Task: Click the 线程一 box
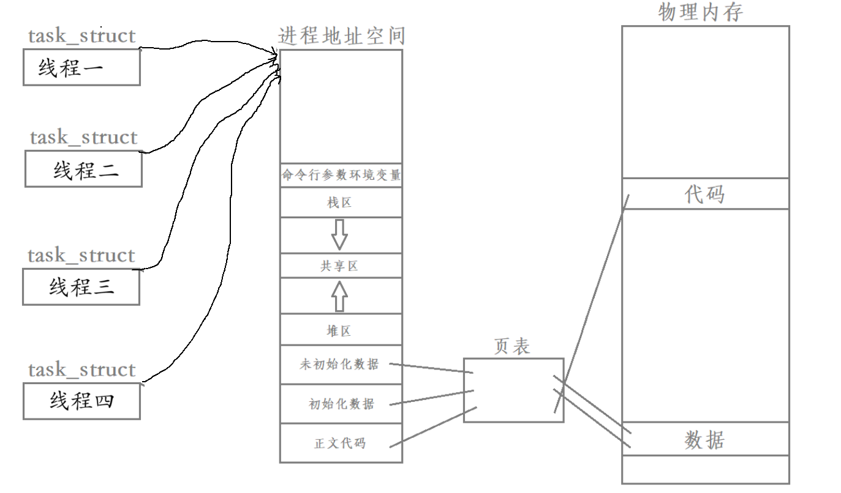pyautogui.click(x=81, y=67)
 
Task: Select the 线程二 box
pyautogui.click(x=84, y=169)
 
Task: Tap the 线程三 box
pyautogui.click(x=81, y=287)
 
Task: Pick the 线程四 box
pyautogui.click(x=81, y=401)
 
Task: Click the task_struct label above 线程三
pyautogui.click(x=81, y=255)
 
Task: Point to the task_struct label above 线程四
pyautogui.click(x=81, y=369)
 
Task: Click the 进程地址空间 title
pyautogui.click(x=341, y=35)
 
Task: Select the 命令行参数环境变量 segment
pyautogui.click(x=341, y=176)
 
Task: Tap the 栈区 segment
pyautogui.click(x=341, y=202)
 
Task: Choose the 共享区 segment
pyautogui.click(x=341, y=266)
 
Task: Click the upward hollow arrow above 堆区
pyautogui.click(x=339, y=297)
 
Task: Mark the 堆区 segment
pyautogui.click(x=341, y=331)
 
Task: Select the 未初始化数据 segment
pyautogui.click(x=339, y=365)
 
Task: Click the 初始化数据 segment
pyautogui.click(x=341, y=404)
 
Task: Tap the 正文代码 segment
pyautogui.click(x=341, y=443)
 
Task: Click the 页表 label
pyautogui.click(x=512, y=347)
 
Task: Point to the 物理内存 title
pyautogui.click(x=701, y=12)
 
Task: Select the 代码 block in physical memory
pyautogui.click(x=705, y=194)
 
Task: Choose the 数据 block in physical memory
pyautogui.click(x=705, y=439)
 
